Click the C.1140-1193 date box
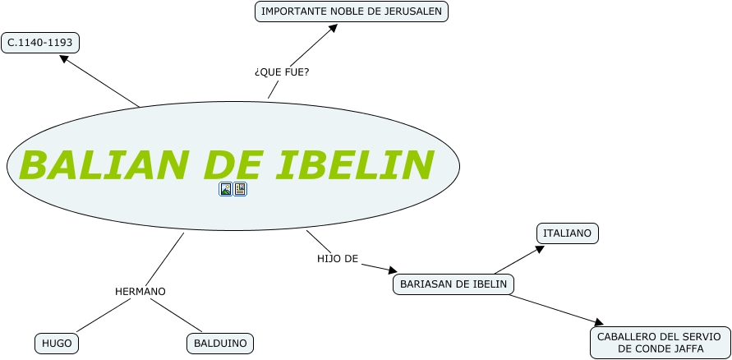tap(40, 43)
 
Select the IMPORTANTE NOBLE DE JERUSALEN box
tap(352, 12)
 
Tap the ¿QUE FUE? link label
tap(282, 72)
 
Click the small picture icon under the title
tap(226, 189)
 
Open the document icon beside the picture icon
tap(240, 189)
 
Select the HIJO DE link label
tap(338, 259)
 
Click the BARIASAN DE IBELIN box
tap(453, 284)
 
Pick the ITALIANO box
tap(567, 233)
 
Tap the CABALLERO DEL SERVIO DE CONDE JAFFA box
tap(659, 343)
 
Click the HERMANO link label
tap(140, 292)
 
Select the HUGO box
tap(57, 344)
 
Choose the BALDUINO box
tap(220, 344)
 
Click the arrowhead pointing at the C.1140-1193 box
tap(64, 58)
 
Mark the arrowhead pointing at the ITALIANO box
tap(540, 249)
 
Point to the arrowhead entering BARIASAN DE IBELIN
tap(393, 270)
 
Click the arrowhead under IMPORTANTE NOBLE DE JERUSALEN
tap(333, 28)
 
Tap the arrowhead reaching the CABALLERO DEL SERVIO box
tap(598, 322)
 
